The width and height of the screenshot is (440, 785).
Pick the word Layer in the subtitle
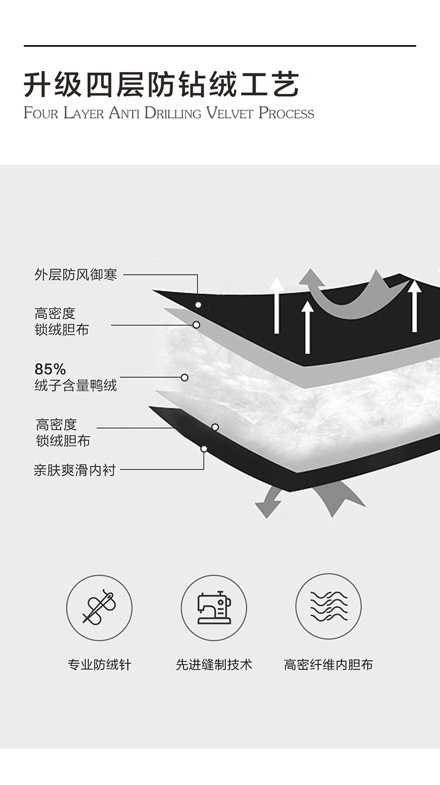(83, 113)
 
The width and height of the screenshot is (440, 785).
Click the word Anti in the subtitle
(124, 113)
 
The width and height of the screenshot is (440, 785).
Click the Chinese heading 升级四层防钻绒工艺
(161, 85)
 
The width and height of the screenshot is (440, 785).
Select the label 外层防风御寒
(76, 275)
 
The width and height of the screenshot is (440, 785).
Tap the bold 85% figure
(50, 369)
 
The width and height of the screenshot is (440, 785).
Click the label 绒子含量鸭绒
(76, 385)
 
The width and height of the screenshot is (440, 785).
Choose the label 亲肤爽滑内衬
(75, 470)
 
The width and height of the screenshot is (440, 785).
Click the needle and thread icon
(99, 607)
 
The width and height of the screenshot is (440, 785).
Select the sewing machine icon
(214, 607)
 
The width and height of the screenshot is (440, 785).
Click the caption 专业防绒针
(100, 665)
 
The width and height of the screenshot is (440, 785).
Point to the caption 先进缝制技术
(214, 665)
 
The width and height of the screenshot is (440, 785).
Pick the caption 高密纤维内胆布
(329, 665)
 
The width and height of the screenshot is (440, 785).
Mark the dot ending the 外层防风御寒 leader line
(198, 304)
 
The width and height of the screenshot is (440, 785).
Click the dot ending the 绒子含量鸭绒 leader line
(184, 377)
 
